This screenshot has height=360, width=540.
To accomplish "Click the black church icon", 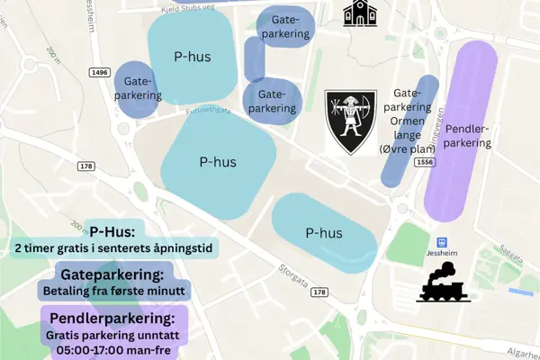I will coord(358,13).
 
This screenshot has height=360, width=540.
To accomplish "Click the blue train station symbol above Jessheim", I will coord(441,242).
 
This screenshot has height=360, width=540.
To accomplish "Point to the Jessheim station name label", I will coord(441,255).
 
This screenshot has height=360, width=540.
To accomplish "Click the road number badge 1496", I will coord(100,72).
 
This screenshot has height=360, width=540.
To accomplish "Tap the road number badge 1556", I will coord(426,161).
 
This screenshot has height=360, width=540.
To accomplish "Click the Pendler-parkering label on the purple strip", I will coord(468,136).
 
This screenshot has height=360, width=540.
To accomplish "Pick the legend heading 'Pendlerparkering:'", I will coord(112,318).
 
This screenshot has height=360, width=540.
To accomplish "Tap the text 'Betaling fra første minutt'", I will coord(113,291).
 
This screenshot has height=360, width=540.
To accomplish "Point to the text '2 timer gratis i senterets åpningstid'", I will coord(116,247).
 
